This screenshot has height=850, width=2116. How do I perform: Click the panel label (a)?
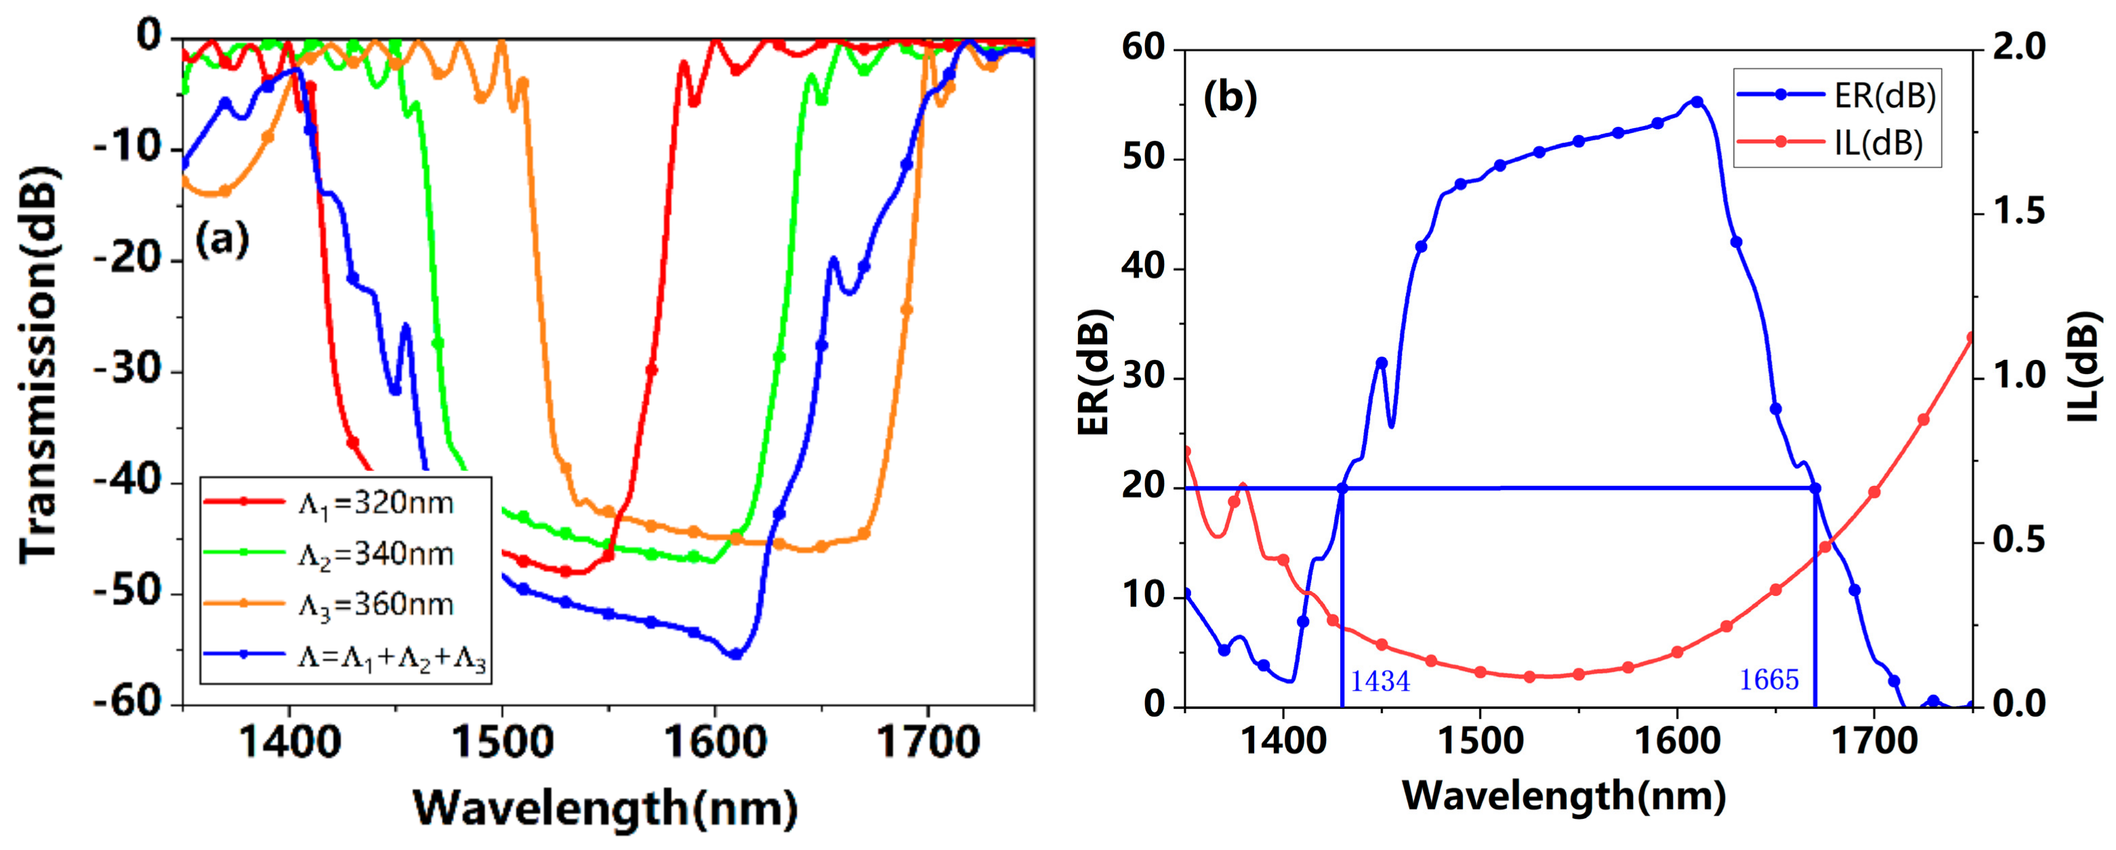click(x=222, y=240)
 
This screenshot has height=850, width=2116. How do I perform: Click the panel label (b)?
click(x=1230, y=98)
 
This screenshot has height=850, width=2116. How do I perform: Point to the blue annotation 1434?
click(x=1380, y=681)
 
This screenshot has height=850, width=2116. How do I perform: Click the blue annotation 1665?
click(x=1768, y=679)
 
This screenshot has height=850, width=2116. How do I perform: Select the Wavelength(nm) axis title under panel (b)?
click(x=1565, y=796)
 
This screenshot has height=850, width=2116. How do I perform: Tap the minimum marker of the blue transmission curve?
click(x=735, y=654)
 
